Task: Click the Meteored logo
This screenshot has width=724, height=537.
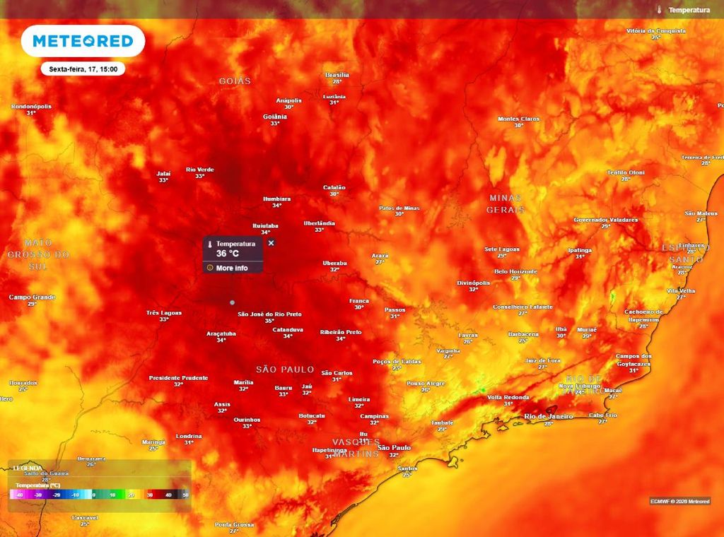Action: point(83,42)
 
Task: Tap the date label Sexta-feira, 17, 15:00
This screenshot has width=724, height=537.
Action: point(83,69)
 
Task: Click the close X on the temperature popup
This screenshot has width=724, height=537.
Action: point(271,243)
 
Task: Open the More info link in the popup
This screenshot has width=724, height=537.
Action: point(231,268)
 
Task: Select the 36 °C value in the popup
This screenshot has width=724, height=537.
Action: point(228,254)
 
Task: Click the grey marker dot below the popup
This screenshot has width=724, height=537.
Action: point(232,302)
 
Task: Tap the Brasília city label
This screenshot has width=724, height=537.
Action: point(337,75)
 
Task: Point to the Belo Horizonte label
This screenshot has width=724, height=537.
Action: point(516,271)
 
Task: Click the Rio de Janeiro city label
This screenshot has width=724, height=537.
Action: point(548,417)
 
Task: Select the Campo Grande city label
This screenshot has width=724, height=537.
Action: point(32,297)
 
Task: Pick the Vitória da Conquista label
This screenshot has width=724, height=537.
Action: point(656,31)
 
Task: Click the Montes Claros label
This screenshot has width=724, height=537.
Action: point(518,119)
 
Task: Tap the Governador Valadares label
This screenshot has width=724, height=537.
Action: point(605,220)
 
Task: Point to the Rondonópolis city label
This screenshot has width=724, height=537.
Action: point(31,107)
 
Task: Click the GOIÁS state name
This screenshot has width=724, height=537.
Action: point(235,81)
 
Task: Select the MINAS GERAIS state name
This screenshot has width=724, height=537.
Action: point(506,203)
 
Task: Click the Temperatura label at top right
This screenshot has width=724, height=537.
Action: point(689,11)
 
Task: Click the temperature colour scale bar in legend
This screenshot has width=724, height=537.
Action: point(100,496)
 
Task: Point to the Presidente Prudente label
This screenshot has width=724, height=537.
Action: point(178,378)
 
